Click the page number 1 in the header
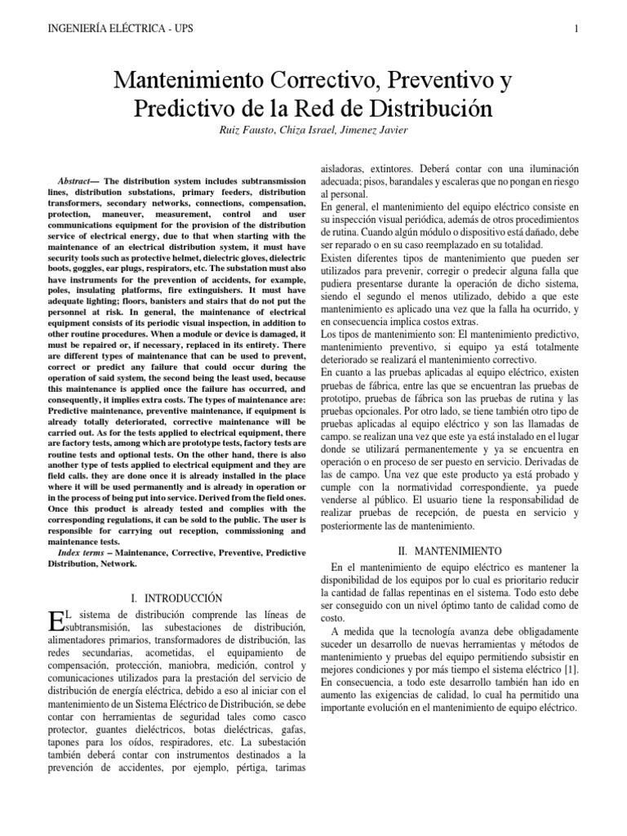point(576,30)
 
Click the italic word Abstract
point(74,180)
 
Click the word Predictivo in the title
point(174,109)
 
